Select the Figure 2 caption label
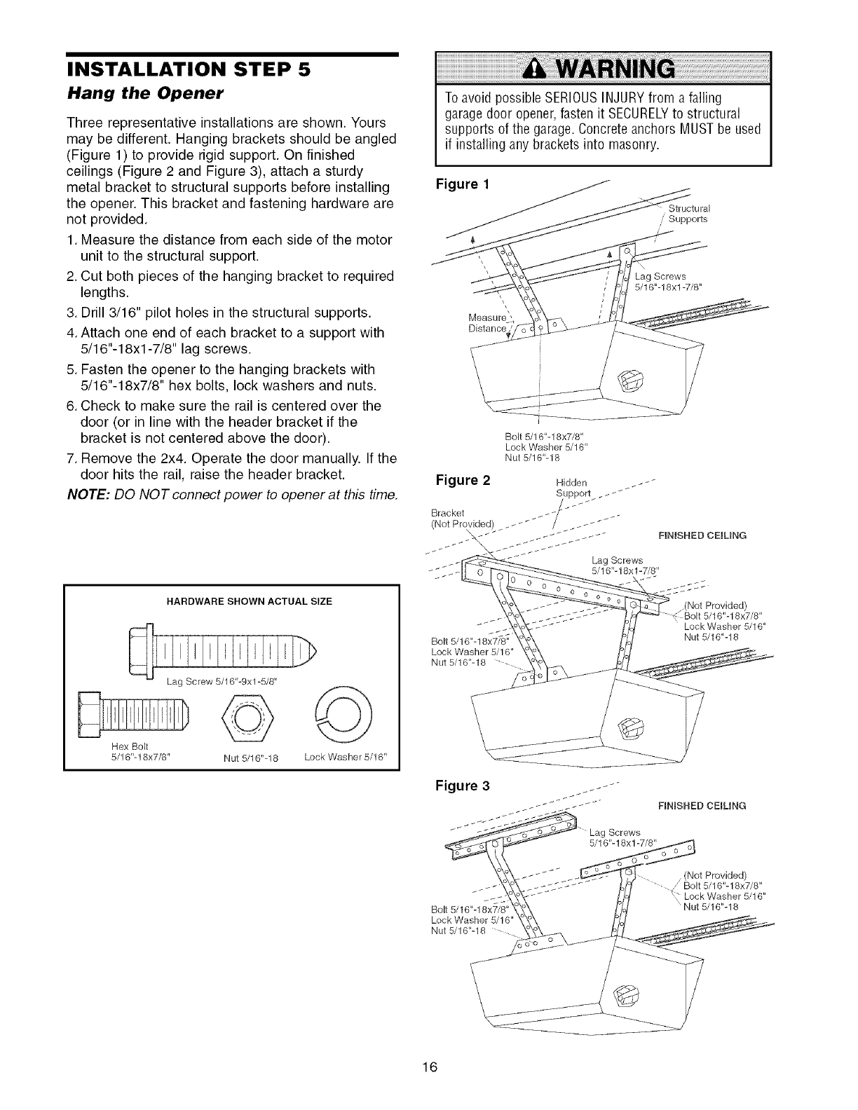click(x=463, y=481)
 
